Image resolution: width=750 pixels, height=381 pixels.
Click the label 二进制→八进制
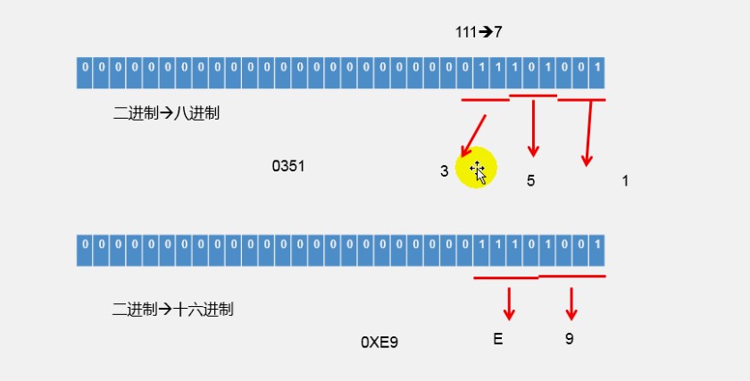(166, 114)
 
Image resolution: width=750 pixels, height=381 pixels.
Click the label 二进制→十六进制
(173, 311)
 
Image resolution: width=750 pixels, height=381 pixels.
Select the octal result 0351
(288, 166)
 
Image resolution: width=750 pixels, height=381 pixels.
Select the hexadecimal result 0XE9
(379, 342)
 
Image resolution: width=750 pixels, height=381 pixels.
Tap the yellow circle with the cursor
(476, 168)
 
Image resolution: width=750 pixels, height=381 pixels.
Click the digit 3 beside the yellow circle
(444, 171)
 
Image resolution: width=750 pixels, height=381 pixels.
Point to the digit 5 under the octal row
(530, 180)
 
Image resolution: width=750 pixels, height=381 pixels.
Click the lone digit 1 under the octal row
(625, 180)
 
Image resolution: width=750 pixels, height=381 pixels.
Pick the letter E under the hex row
(497, 339)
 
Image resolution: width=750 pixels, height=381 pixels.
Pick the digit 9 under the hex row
(569, 339)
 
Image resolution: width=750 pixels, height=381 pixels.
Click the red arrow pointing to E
(509, 303)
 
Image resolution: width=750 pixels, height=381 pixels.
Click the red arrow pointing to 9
(571, 303)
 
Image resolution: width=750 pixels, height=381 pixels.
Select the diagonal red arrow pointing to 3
(474, 133)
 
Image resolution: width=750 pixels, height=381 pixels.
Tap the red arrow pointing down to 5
(533, 128)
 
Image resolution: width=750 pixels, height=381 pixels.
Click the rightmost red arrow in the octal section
(588, 133)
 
